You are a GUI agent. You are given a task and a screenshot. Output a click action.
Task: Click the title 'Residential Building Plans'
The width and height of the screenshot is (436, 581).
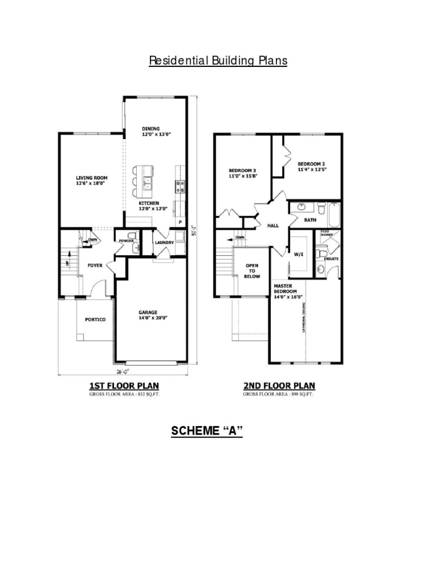(218, 61)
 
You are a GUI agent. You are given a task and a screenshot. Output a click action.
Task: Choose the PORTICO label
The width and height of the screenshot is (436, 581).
(95, 319)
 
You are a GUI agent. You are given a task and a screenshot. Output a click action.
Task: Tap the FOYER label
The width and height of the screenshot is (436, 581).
(95, 265)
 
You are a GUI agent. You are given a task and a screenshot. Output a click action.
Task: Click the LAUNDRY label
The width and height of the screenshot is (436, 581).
(164, 242)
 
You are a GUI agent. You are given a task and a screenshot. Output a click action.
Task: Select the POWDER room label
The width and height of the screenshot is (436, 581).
(126, 241)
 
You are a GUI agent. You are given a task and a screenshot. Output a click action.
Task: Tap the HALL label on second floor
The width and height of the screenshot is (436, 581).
(273, 225)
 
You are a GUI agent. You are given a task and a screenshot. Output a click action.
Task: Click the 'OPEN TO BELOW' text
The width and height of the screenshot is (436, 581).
(252, 271)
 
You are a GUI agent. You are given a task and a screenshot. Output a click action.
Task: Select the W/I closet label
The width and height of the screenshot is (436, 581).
(298, 255)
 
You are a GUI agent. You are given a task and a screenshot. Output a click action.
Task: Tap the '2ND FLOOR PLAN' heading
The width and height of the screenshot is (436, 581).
(279, 386)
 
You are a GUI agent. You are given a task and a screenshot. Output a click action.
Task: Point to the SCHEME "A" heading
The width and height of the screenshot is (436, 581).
(207, 431)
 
